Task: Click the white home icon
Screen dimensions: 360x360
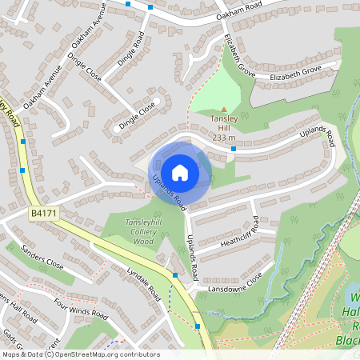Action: click(x=180, y=172)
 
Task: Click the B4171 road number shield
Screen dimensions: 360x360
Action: click(x=44, y=213)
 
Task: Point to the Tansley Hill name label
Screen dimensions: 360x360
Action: click(x=224, y=127)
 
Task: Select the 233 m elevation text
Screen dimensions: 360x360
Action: click(x=224, y=137)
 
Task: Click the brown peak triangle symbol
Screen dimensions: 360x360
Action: click(x=224, y=110)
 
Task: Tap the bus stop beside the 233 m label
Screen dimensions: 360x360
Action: click(x=233, y=148)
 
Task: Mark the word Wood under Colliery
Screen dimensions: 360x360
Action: click(x=143, y=241)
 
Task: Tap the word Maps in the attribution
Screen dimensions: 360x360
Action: click(x=11, y=354)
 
